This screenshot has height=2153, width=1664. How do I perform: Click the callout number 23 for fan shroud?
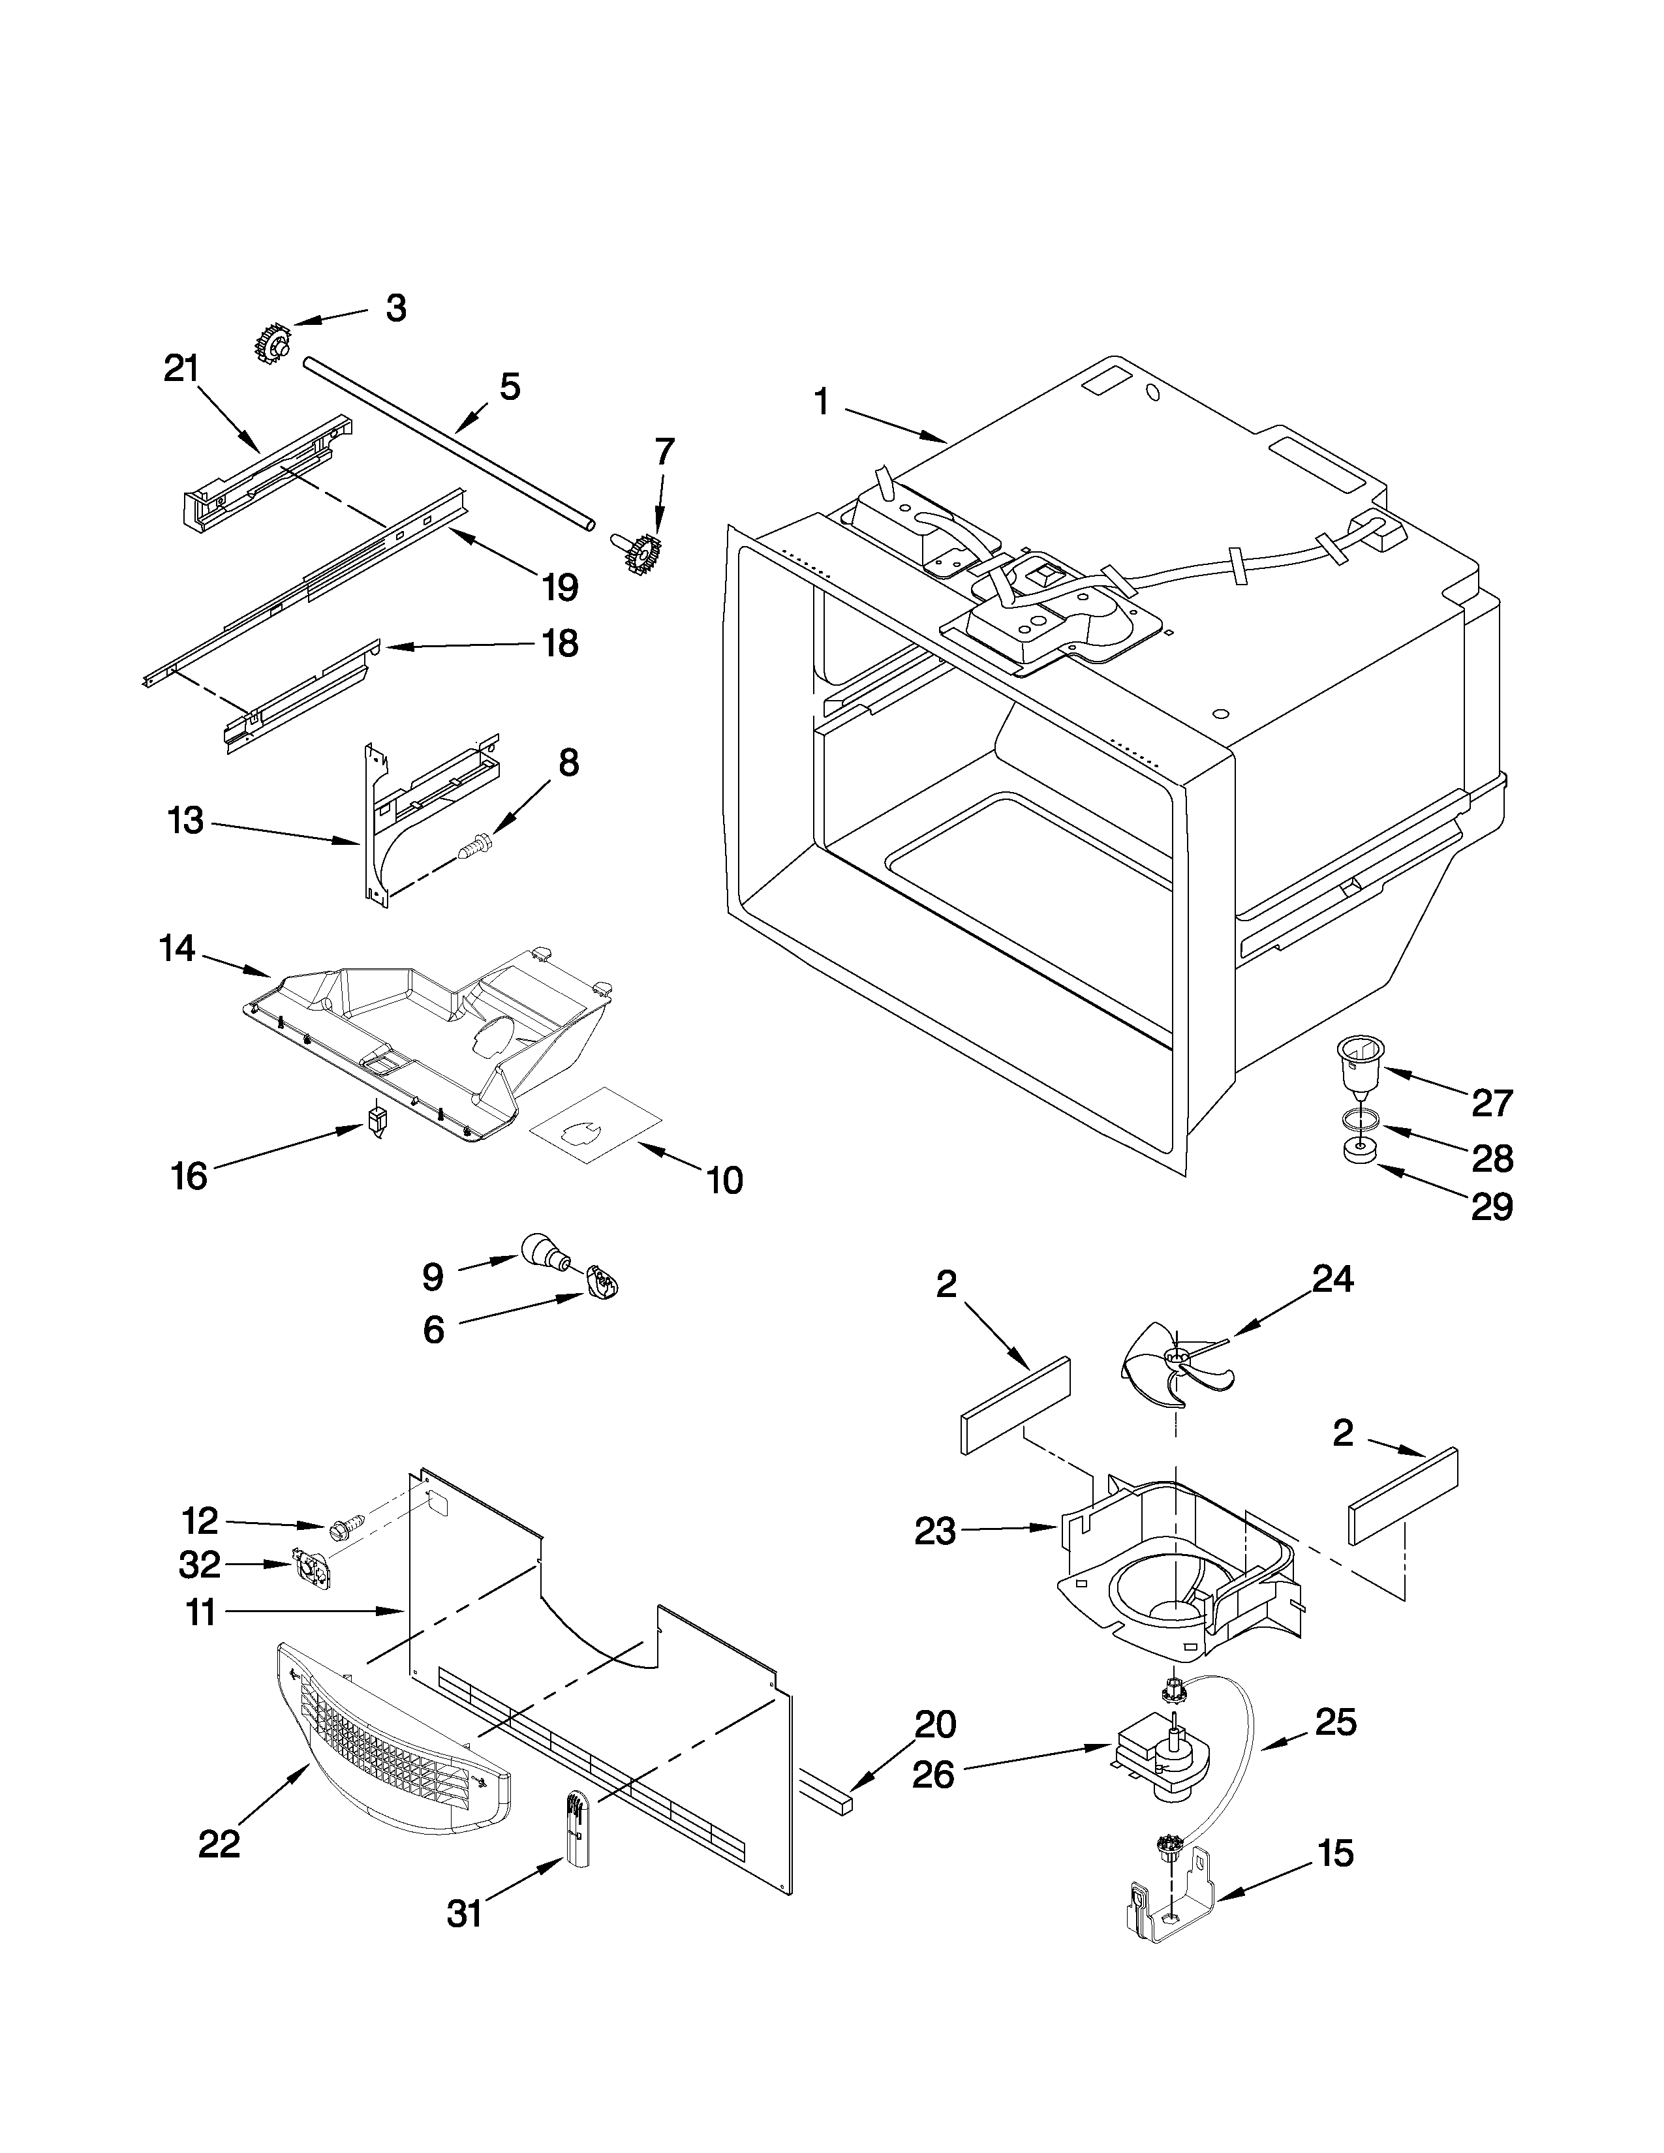934,1532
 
